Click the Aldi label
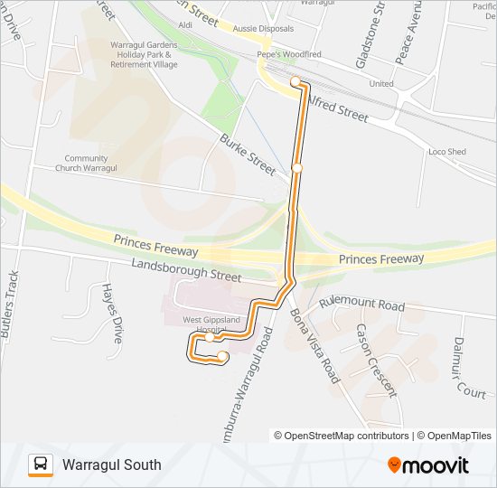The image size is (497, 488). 186,25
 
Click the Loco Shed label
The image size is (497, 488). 447,152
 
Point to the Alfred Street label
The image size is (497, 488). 338,109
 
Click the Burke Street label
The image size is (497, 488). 248,154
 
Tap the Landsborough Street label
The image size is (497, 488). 186,268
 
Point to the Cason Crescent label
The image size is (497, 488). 375,360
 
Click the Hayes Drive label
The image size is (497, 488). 112,312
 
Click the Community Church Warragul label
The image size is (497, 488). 87,164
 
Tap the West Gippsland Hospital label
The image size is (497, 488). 213,325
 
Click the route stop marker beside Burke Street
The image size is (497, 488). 296,168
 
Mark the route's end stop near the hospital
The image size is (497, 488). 222,357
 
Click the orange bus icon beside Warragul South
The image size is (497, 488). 41,465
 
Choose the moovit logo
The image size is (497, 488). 428,465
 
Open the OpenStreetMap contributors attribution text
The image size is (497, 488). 342,436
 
